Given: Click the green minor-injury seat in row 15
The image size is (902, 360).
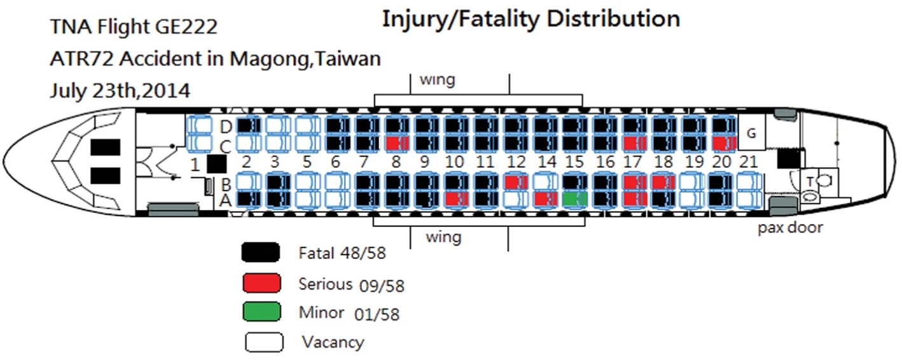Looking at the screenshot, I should [574, 199].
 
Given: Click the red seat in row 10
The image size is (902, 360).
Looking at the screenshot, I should [455, 199].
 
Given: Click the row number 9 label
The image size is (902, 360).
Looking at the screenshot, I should [425, 162].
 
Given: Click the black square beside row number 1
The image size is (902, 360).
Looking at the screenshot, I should [216, 164].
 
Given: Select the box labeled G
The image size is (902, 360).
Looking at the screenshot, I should [751, 134].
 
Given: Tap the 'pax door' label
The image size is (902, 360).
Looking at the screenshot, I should [789, 227].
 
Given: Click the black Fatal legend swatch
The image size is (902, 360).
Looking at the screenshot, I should [261, 253].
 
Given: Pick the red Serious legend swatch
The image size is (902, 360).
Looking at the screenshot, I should [261, 282].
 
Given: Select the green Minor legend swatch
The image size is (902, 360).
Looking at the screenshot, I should [261, 312].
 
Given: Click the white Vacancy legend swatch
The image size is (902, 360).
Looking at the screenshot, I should [263, 342].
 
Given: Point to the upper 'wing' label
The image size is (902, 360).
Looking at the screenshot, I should [437, 80].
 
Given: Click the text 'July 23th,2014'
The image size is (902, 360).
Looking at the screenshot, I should [120, 91].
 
